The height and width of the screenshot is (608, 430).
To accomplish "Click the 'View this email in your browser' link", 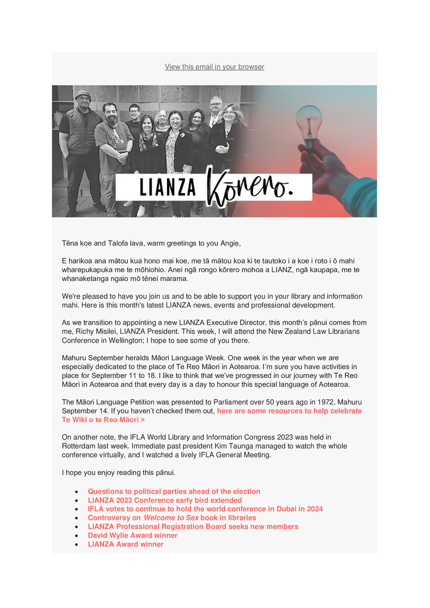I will pyautogui.click(x=214, y=67).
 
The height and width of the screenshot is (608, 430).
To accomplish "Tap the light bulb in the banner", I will pyautogui.click(x=309, y=125).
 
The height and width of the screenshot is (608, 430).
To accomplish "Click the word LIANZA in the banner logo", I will pyautogui.click(x=167, y=187).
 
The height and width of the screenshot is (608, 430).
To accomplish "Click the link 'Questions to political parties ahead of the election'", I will pyautogui.click(x=174, y=491).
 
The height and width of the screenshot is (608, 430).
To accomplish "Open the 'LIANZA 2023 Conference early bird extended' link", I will pyautogui.click(x=165, y=500).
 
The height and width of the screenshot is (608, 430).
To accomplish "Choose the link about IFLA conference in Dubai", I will pyautogui.click(x=205, y=509).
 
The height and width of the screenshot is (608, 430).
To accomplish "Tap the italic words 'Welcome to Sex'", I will pyautogui.click(x=171, y=518).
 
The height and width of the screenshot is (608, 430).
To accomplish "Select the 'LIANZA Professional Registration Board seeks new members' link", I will pyautogui.click(x=193, y=527).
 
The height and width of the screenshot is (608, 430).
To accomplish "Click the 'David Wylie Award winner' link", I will pyautogui.click(x=132, y=535).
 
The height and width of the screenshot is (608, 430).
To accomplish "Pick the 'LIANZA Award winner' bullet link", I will pyautogui.click(x=126, y=544).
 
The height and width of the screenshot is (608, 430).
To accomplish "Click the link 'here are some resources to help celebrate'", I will pyautogui.click(x=289, y=411).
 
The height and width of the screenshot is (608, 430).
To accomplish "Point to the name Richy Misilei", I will pyautogui.click(x=96, y=332).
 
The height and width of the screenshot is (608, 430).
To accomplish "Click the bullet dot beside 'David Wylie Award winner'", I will pyautogui.click(x=77, y=536).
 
